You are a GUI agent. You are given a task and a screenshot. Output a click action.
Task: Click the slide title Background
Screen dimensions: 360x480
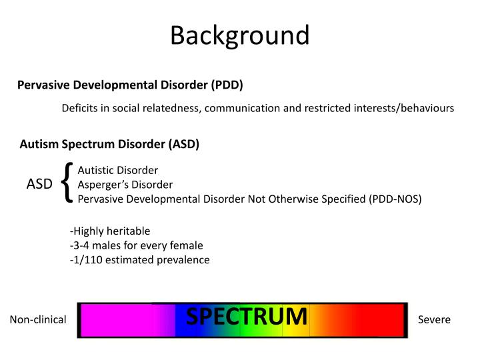239,35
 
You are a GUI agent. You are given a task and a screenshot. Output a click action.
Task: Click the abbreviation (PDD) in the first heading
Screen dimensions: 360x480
227,85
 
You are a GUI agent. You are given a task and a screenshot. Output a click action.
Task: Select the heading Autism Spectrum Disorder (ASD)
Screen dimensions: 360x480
109,144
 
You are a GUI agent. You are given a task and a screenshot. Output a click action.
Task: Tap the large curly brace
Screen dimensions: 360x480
66,183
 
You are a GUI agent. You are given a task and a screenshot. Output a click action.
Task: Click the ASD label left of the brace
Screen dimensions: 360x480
39,184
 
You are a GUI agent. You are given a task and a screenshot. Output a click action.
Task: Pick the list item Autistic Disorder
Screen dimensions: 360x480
118,170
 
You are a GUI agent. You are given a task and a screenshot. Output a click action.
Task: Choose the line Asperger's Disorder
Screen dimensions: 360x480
125,184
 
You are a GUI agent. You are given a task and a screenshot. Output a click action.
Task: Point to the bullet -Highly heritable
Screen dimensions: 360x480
110,231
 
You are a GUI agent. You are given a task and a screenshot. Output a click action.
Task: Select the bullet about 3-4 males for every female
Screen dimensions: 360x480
136,245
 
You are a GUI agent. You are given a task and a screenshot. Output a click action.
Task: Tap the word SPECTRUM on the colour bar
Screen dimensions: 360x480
247,317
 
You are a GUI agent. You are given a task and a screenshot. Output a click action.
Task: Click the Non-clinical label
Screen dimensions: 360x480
38,320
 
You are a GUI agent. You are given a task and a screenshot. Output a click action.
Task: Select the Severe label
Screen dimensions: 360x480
434,320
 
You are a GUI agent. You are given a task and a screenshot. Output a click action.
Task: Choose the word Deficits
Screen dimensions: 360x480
79,109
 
